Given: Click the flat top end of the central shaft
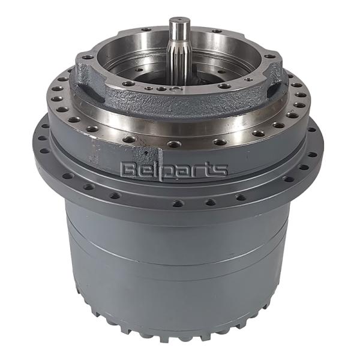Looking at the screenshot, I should (x=179, y=22).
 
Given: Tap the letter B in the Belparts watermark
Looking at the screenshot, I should (x=128, y=170).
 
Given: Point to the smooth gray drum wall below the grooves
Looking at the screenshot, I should (x=180, y=282).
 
